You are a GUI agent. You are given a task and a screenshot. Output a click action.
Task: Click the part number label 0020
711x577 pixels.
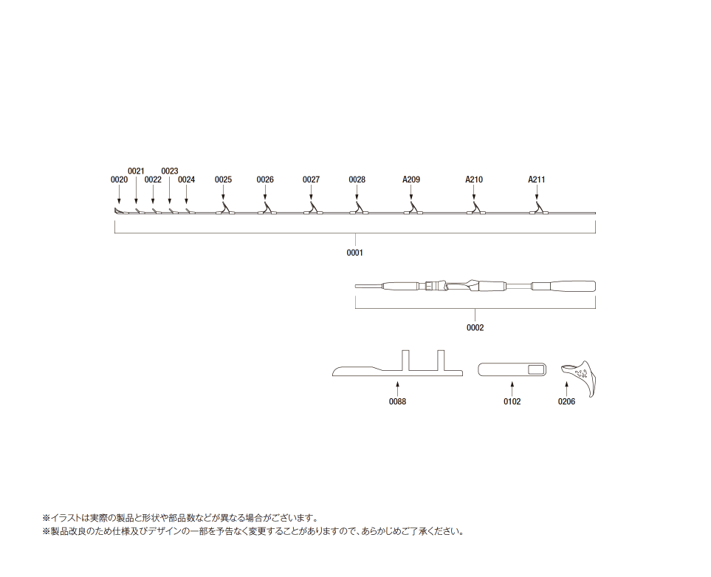click(120, 180)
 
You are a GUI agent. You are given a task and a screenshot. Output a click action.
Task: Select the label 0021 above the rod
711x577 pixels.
click(136, 171)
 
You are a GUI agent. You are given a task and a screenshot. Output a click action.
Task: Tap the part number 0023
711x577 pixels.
click(170, 171)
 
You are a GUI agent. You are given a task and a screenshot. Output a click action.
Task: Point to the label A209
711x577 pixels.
click(411, 180)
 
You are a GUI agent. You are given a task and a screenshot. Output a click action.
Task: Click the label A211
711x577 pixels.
click(537, 180)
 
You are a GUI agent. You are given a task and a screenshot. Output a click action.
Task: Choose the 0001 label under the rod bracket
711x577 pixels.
click(354, 253)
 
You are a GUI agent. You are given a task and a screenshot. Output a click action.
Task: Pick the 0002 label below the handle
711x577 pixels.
click(475, 327)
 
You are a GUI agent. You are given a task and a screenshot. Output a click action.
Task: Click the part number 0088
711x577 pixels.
click(398, 401)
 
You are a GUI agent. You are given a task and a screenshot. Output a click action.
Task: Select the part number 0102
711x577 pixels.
click(512, 401)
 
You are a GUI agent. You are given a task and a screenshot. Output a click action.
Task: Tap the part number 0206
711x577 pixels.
click(566, 401)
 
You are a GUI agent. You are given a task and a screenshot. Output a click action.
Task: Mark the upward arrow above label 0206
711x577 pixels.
click(566, 389)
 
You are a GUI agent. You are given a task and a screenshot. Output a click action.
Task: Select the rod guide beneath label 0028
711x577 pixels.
click(359, 209)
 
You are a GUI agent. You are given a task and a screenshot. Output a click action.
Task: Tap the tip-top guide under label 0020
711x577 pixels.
click(119, 211)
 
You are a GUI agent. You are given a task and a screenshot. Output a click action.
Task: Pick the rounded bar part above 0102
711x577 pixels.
click(512, 369)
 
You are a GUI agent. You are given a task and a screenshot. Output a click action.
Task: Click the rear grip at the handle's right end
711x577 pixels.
click(563, 287)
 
